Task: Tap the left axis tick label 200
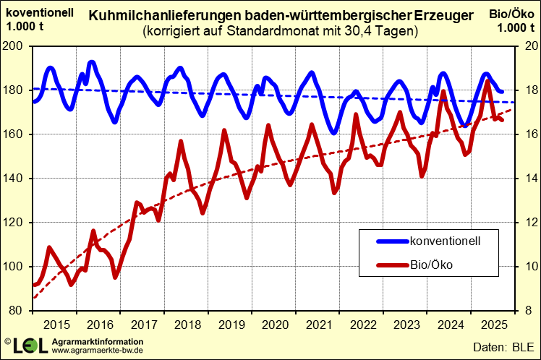[16, 46]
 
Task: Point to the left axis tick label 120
[16, 223]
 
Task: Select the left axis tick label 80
[19, 311]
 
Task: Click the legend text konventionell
[445, 240]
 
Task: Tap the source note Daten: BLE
[503, 346]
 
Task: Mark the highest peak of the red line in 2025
[487, 81]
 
